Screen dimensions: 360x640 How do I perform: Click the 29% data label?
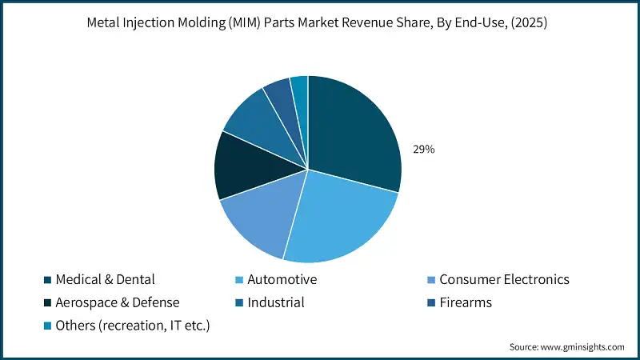(x=423, y=150)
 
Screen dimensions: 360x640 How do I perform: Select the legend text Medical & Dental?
(x=105, y=279)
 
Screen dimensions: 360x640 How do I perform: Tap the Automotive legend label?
(x=282, y=279)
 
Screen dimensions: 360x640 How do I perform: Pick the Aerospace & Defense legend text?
(x=117, y=302)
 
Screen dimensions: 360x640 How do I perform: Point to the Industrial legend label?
(x=276, y=302)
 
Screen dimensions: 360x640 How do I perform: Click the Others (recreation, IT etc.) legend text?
(x=131, y=325)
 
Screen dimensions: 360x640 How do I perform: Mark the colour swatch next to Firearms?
(x=432, y=303)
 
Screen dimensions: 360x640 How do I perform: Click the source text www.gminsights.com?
(x=585, y=346)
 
